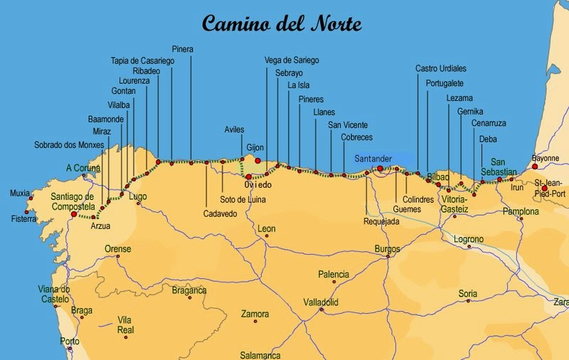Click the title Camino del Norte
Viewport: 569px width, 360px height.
coord(282,23)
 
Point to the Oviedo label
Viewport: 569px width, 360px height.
coord(257,184)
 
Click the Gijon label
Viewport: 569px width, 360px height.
coord(255,148)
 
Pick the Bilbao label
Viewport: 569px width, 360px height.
coord(440,176)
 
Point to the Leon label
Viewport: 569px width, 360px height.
coord(267,229)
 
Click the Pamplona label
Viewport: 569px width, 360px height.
coord(521,211)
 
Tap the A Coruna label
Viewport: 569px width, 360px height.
coord(83,168)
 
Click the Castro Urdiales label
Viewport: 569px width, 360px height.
coord(440,68)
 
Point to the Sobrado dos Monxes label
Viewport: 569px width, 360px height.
coord(69,144)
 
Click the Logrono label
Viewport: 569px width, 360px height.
coord(469,239)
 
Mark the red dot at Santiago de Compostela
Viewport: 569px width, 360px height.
coord(74,213)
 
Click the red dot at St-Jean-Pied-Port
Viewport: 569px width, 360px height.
coord(545,169)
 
